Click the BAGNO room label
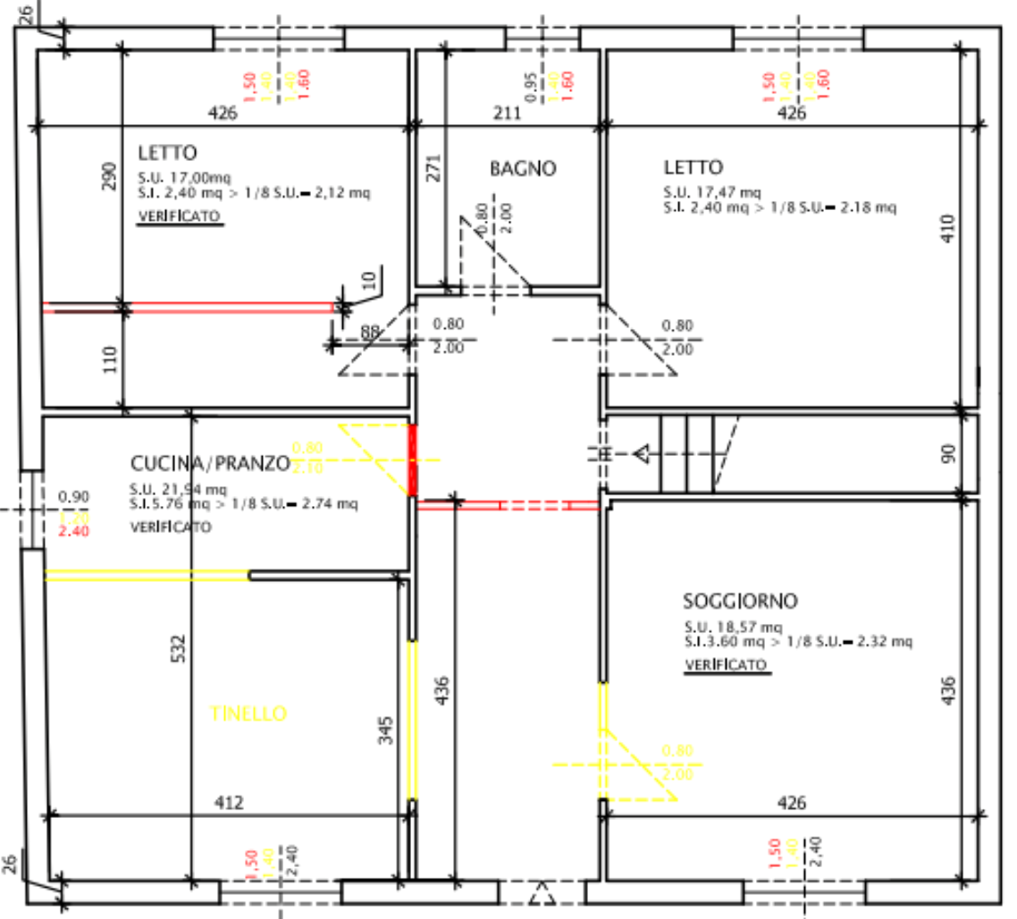523,168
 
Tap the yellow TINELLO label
248,713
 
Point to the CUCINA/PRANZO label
210,464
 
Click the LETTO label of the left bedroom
168,152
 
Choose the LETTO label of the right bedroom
693,167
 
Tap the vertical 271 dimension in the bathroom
433,169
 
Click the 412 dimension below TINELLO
229,803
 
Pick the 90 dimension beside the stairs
948,454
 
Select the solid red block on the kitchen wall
413,460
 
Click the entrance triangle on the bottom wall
540,893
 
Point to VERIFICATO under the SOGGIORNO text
725,665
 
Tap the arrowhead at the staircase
641,455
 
